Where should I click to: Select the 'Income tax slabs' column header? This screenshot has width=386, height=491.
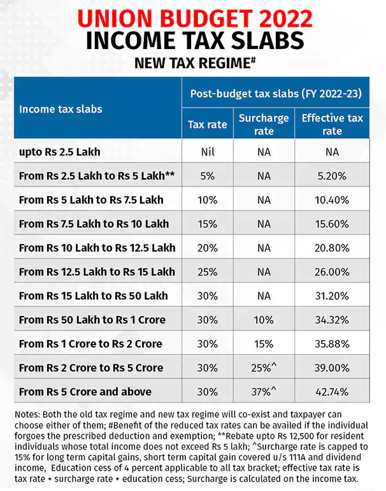tap(61, 109)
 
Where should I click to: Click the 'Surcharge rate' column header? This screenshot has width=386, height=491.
tap(264, 124)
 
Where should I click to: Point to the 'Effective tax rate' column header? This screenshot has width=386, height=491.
tap(332, 124)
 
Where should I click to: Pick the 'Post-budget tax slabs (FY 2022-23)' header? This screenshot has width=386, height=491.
tap(276, 94)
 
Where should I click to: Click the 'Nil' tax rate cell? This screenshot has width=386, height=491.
tap(207, 152)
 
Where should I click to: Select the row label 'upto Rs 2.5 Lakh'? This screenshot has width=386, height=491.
tap(60, 152)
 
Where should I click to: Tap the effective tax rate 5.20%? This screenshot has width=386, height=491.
tap(332, 176)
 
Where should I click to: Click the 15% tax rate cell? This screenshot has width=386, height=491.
tap(207, 224)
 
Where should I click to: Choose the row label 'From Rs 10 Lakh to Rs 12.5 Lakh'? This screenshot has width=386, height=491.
tap(97, 248)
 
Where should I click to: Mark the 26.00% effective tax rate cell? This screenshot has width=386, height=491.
tap(332, 272)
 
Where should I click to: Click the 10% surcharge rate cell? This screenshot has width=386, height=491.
tap(264, 320)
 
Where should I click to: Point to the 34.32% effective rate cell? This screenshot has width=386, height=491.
tap(332, 320)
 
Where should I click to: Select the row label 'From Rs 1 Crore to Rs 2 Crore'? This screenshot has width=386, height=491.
tap(90, 344)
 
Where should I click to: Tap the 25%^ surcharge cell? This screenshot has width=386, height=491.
tap(264, 368)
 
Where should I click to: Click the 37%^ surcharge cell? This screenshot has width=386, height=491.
tap(264, 392)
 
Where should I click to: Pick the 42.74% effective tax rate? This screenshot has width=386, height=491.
tap(332, 392)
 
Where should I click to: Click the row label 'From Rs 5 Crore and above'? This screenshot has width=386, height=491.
tap(85, 392)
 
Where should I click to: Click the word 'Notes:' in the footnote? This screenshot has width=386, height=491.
tap(27, 415)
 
